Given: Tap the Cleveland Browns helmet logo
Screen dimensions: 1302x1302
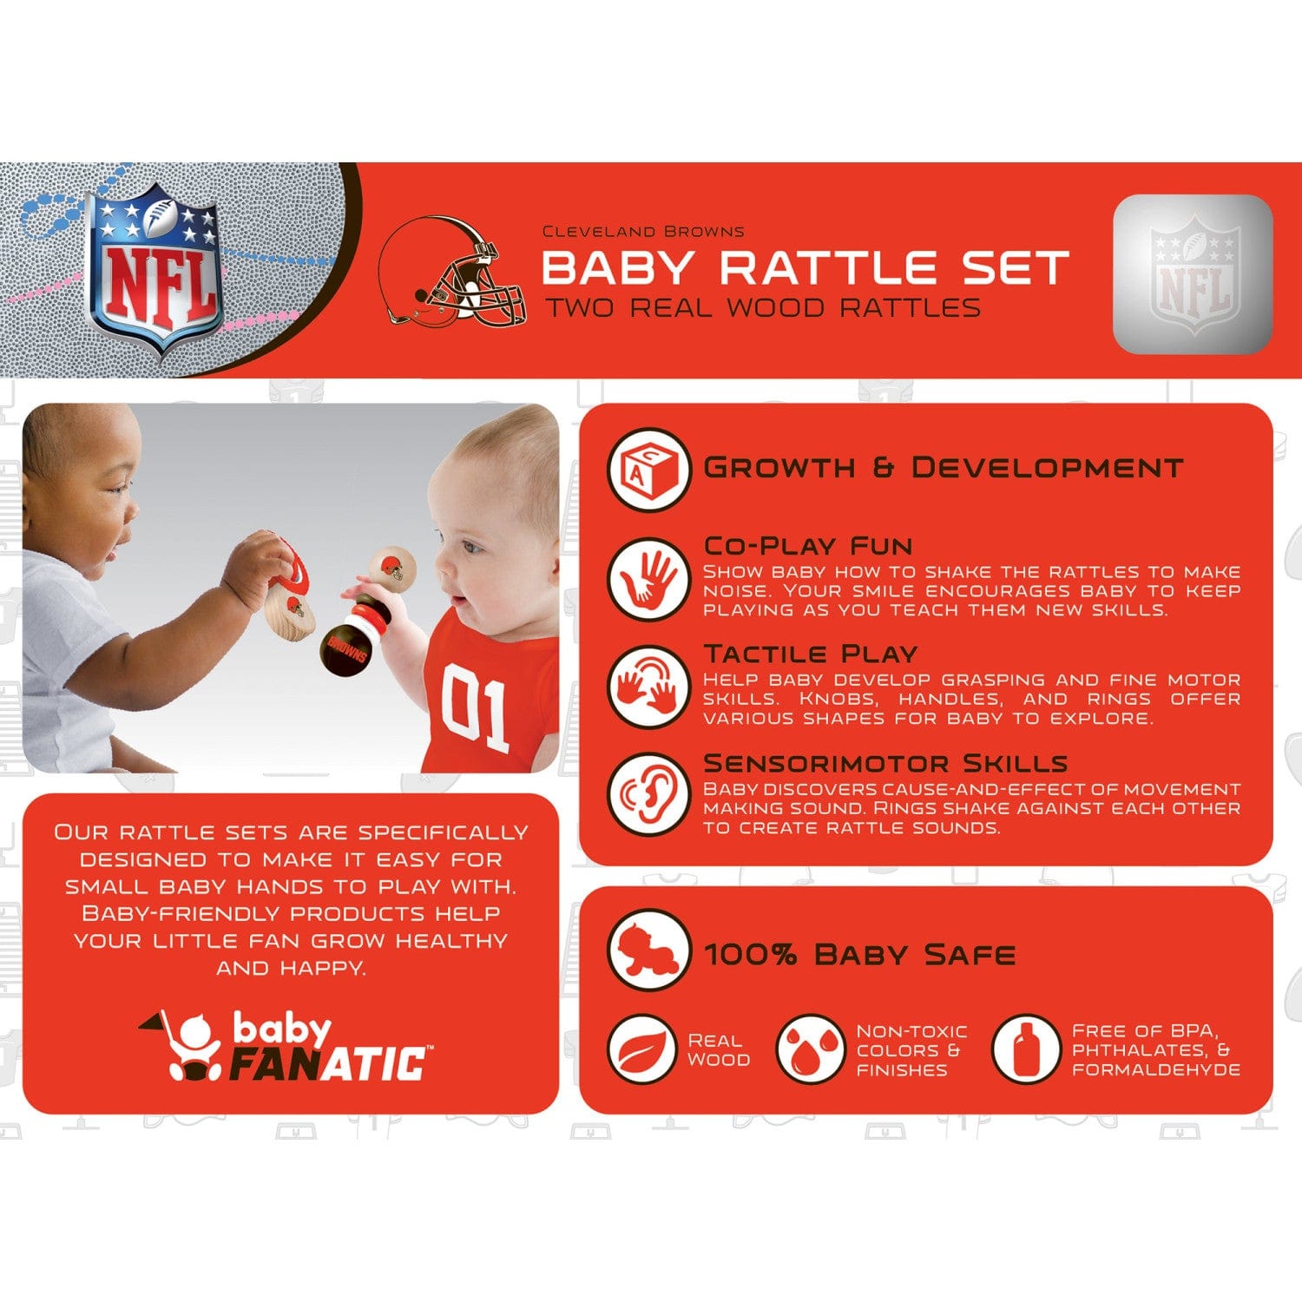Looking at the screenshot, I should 454,272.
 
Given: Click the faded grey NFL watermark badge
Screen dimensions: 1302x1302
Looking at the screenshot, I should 1193,274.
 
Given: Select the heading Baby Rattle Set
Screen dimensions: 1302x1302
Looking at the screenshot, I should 805,267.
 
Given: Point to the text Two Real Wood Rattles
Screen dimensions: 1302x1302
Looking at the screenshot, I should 763,308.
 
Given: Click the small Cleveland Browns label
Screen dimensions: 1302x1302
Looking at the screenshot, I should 643,232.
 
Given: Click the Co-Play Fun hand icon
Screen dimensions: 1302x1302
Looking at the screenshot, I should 648,577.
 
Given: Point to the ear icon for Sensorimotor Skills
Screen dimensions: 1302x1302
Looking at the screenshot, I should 648,794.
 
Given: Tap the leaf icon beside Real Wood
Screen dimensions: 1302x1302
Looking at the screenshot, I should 642,1049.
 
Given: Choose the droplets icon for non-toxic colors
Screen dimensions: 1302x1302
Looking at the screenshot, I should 810,1049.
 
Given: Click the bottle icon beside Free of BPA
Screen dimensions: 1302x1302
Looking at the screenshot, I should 1025,1049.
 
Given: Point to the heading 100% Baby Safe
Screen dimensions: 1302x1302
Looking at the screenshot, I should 859,955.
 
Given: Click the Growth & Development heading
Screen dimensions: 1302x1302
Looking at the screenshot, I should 943,468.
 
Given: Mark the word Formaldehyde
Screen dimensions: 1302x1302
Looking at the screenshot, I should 1155,1070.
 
